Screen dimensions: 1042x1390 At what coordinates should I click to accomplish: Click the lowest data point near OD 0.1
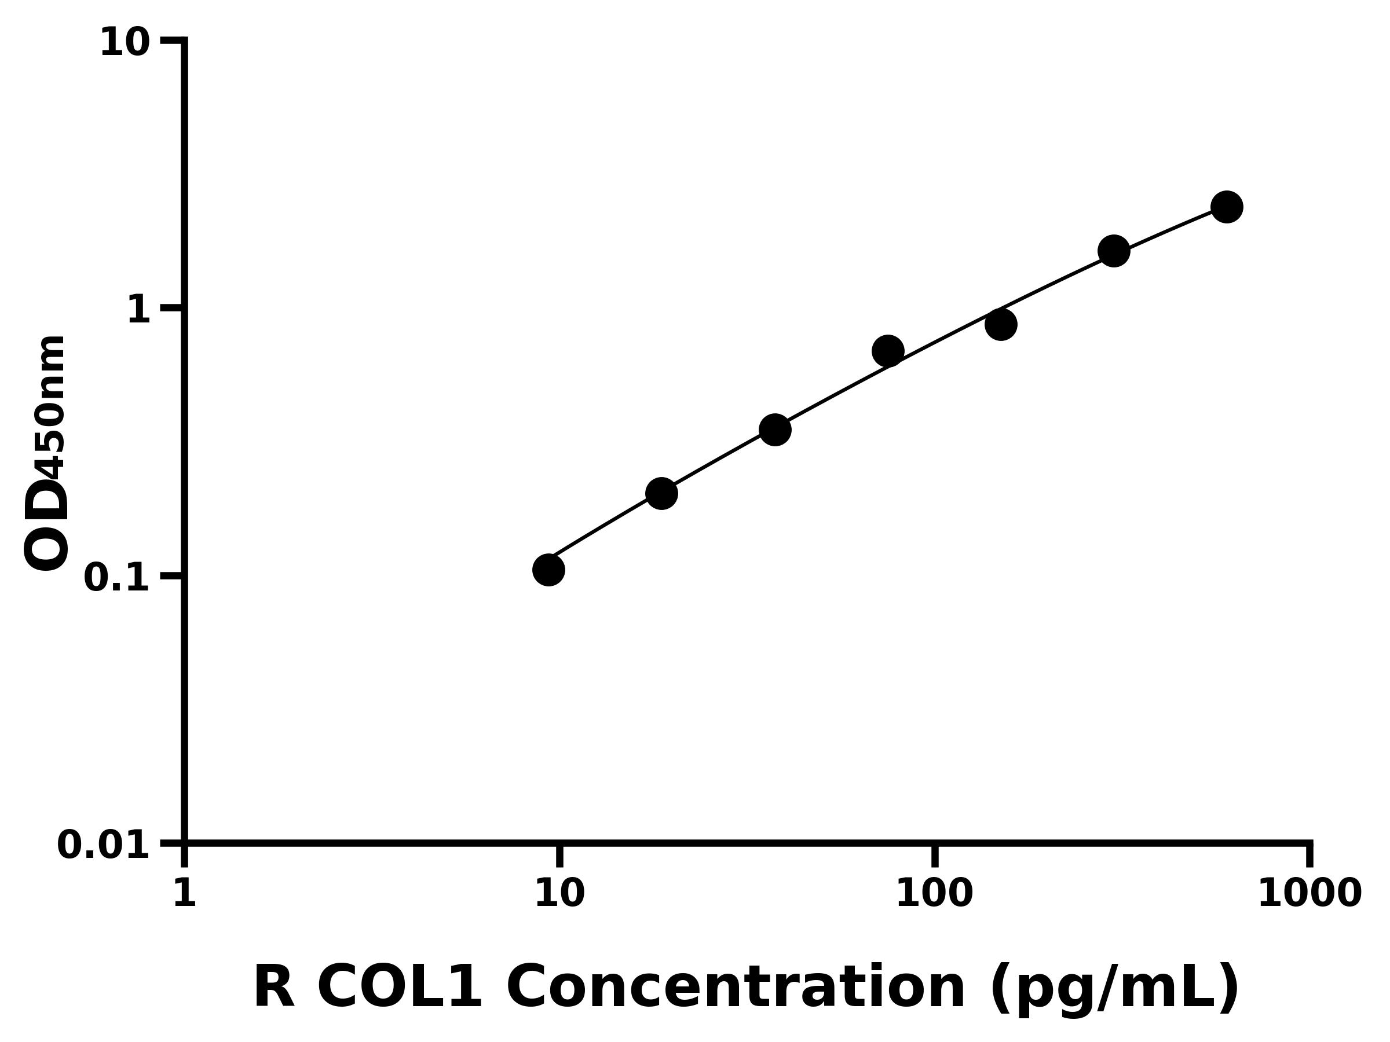click(x=548, y=570)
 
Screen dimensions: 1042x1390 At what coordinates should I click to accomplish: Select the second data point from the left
click(x=661, y=493)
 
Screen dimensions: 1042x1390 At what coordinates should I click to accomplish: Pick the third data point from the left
click(x=775, y=430)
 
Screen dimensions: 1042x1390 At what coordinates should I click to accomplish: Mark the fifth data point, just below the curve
click(x=1001, y=324)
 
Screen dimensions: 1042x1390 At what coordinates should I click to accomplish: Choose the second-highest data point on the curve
click(x=1114, y=251)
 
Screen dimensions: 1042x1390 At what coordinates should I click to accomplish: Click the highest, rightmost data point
click(x=1227, y=207)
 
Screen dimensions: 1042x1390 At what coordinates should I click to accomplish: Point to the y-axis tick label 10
click(x=125, y=44)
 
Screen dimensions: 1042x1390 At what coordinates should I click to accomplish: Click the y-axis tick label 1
click(x=139, y=310)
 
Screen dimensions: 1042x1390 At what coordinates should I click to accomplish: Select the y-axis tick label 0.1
click(x=117, y=578)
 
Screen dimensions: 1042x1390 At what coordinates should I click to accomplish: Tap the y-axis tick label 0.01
click(x=104, y=845)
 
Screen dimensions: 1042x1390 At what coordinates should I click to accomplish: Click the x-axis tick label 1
click(x=184, y=893)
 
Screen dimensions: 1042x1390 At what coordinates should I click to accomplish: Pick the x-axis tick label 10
click(x=559, y=893)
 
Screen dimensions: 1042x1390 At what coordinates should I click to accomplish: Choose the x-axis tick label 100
click(x=934, y=893)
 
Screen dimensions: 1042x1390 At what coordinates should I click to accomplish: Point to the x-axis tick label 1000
click(x=1309, y=893)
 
